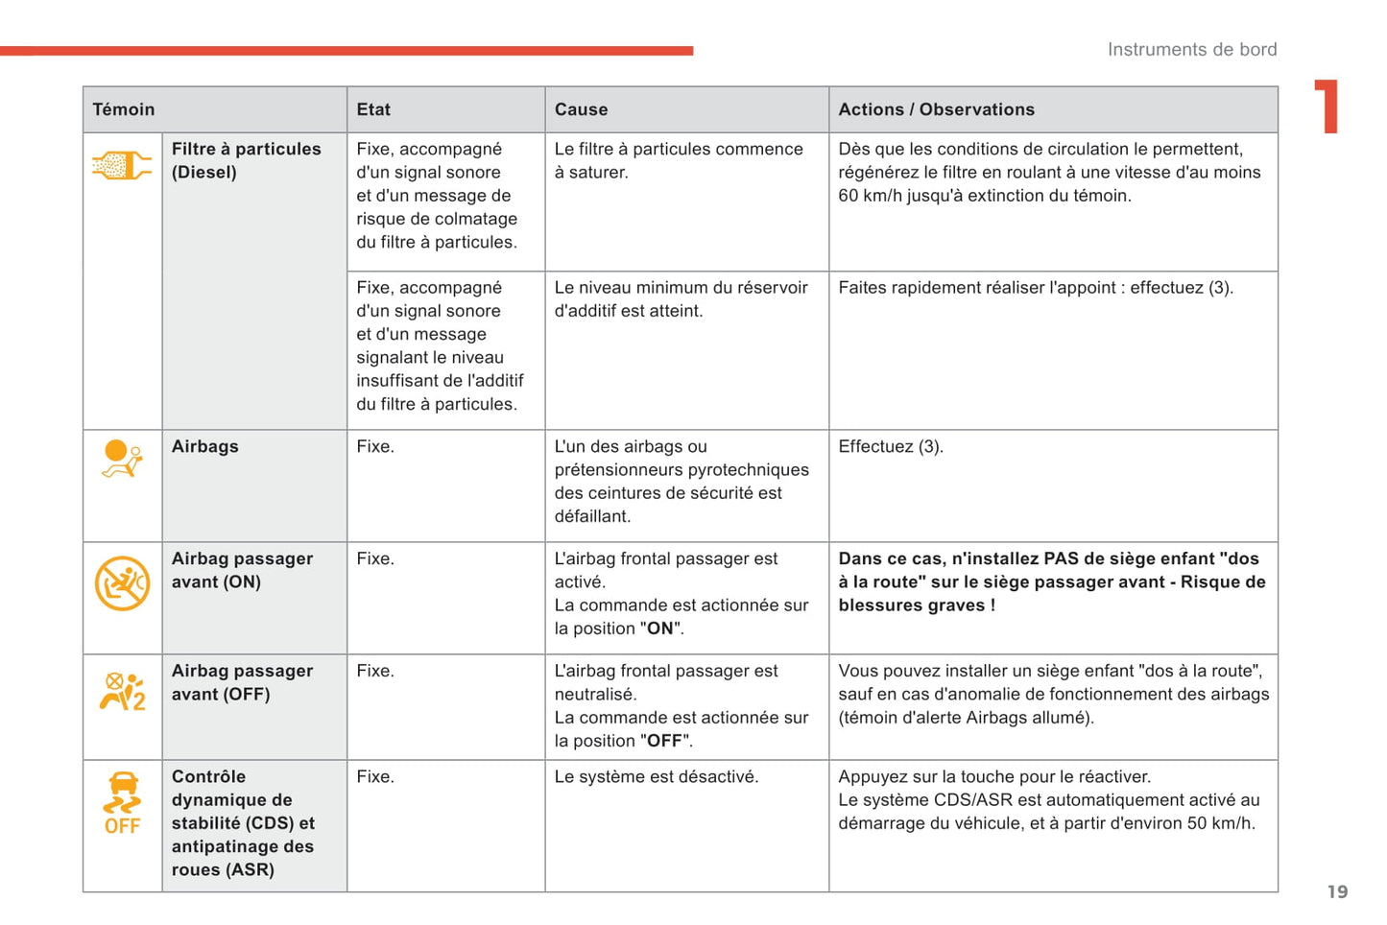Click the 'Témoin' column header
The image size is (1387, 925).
click(x=124, y=109)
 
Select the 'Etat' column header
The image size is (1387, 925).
click(x=373, y=109)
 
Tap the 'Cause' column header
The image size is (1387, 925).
click(x=581, y=109)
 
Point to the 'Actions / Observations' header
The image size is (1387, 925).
click(x=936, y=109)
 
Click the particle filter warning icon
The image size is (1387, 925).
click(x=122, y=166)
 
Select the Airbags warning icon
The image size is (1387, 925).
click(x=122, y=459)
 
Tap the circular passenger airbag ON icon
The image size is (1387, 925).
click(x=122, y=582)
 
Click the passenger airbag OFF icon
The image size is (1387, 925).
click(x=122, y=691)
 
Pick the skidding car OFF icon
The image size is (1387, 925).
click(x=122, y=803)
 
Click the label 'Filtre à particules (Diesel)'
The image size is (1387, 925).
click(x=246, y=160)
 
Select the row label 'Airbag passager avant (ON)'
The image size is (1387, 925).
click(x=242, y=570)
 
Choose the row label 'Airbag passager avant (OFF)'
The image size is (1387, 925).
click(x=242, y=682)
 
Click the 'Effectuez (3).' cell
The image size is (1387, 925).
click(x=890, y=446)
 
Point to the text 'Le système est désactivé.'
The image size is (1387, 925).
click(x=656, y=776)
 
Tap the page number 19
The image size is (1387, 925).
click(x=1337, y=892)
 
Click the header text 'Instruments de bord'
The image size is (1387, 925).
click(x=1191, y=49)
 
